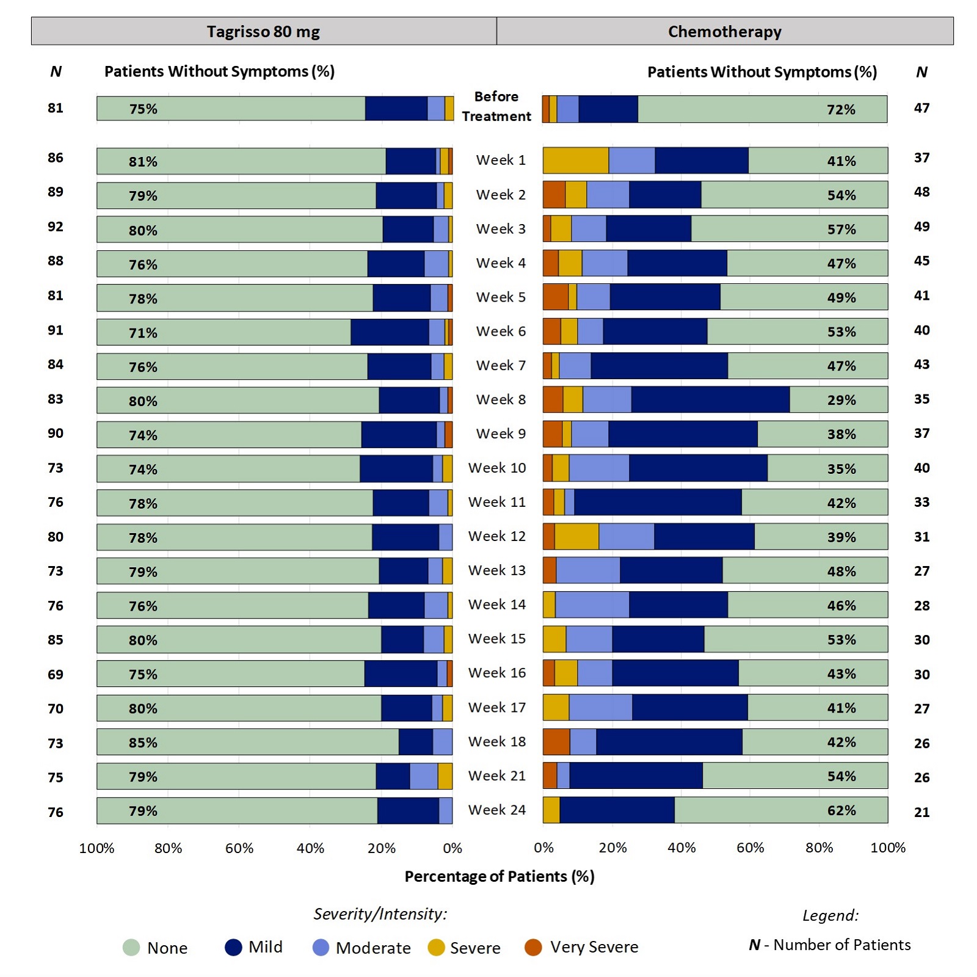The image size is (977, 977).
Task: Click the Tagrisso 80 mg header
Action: [x=263, y=31]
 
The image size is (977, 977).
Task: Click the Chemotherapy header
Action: [x=724, y=31]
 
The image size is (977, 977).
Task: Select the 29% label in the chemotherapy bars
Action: [x=841, y=400]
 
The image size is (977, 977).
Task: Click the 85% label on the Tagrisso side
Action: [x=143, y=743]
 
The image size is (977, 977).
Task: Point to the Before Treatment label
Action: [x=496, y=106]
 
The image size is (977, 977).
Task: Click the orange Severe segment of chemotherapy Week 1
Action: [x=575, y=161]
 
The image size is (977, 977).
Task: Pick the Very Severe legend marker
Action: [x=533, y=947]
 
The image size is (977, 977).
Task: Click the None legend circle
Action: [x=131, y=948]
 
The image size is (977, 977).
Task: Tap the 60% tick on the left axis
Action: [x=239, y=848]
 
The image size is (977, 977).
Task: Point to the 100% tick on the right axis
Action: [x=887, y=848]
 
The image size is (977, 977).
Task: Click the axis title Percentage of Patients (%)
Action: [x=499, y=876]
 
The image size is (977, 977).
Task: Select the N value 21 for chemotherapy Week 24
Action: [x=921, y=812]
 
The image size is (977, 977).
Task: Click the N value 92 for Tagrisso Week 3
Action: [x=56, y=227]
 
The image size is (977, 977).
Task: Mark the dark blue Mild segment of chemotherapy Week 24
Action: [x=617, y=810]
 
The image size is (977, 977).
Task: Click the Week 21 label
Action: [x=496, y=775]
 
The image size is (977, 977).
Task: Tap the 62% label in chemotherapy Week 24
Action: [x=841, y=810]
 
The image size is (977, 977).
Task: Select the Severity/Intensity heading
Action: [x=380, y=913]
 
